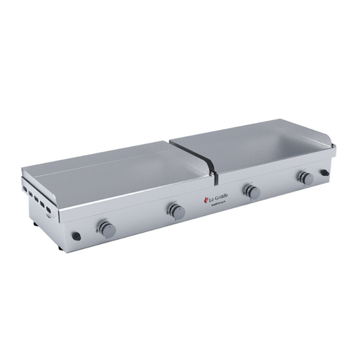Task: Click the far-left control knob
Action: (x=106, y=229)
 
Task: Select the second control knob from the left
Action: (x=176, y=211)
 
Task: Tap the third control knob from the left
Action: (x=251, y=192)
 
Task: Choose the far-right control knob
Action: (x=305, y=177)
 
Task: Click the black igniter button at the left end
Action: (x=76, y=236)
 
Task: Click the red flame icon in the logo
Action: (x=205, y=198)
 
